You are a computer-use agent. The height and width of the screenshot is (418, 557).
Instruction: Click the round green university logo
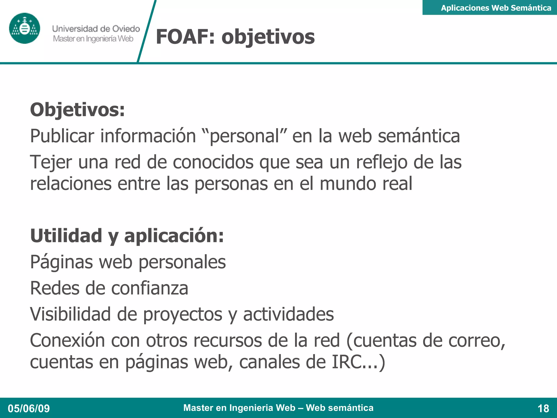coord(24,28)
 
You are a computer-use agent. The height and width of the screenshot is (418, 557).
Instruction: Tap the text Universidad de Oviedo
coord(96,29)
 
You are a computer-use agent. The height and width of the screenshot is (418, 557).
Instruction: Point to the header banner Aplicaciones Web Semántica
coord(496,8)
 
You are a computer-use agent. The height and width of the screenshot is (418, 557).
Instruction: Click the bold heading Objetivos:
coord(78,110)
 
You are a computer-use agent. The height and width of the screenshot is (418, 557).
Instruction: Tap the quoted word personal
coord(245,136)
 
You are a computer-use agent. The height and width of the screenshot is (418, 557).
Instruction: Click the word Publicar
coord(62,136)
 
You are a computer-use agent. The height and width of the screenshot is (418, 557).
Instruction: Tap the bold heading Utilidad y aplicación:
coord(127,236)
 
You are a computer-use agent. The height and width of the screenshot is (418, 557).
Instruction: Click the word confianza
coord(150,288)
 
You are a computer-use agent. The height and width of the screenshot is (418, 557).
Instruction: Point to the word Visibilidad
coord(70,314)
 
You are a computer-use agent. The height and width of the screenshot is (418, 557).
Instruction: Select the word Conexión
coord(67,340)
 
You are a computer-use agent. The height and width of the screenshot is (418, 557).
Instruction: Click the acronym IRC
coord(346,362)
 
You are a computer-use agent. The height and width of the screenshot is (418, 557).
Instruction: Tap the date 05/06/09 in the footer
coord(29,408)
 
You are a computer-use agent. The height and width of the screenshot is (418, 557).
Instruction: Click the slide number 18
coord(543,408)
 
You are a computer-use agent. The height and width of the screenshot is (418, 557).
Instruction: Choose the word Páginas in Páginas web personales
coord(61,262)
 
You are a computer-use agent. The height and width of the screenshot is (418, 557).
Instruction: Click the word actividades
coord(288,314)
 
